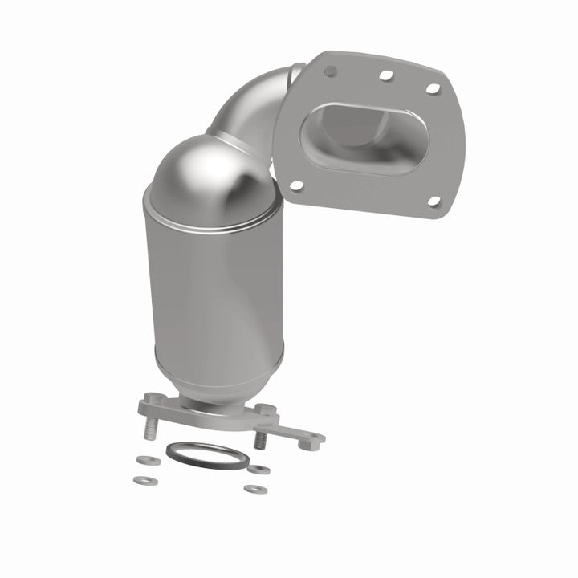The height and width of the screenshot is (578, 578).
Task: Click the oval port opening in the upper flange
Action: (353, 139)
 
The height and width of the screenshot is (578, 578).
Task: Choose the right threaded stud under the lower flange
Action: (260, 441)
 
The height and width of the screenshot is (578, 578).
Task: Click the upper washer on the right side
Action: (258, 469)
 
